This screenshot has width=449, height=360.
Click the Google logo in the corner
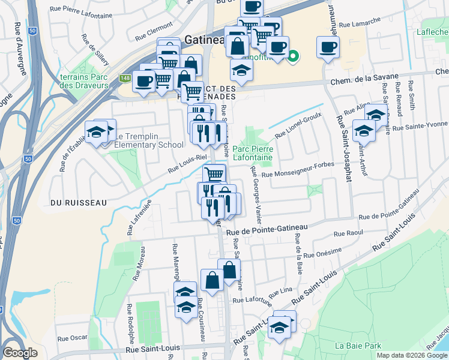coord(20,353)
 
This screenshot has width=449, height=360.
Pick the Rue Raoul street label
coord(348,233)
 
